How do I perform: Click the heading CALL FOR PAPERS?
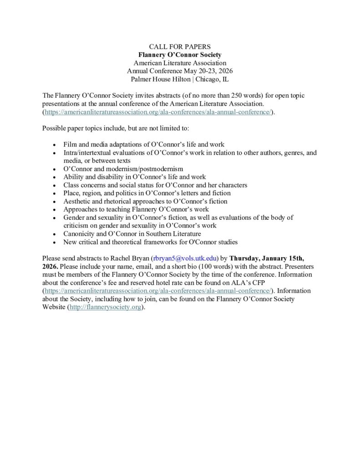click(180, 46)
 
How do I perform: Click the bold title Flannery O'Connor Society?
click(180, 55)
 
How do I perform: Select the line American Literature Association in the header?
click(180, 63)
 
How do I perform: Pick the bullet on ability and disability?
click(134, 177)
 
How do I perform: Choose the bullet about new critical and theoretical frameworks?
click(150, 242)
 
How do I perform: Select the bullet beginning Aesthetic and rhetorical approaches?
click(145, 201)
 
